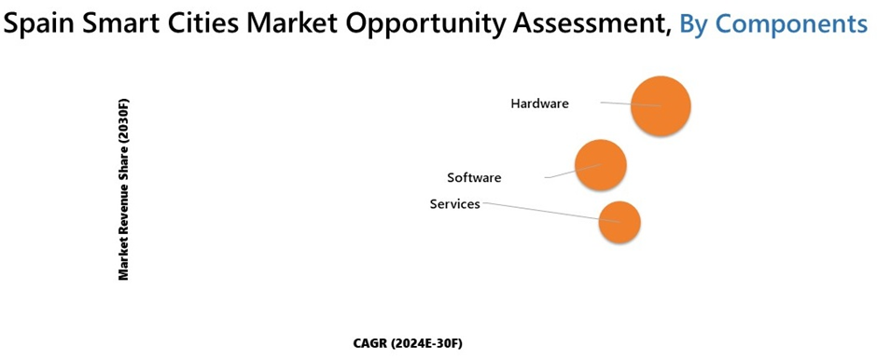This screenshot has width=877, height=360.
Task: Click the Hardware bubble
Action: pos(661,106)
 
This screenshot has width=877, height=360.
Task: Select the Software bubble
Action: pos(600,165)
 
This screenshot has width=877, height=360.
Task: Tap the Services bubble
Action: pos(619,222)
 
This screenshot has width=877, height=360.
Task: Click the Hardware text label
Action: pos(539,104)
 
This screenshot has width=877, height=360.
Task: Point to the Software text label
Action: pos(474,177)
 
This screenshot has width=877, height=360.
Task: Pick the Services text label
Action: pos(454,203)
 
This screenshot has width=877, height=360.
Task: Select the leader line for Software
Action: pos(560,173)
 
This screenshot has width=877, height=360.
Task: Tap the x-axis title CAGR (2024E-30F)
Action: pos(408,343)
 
